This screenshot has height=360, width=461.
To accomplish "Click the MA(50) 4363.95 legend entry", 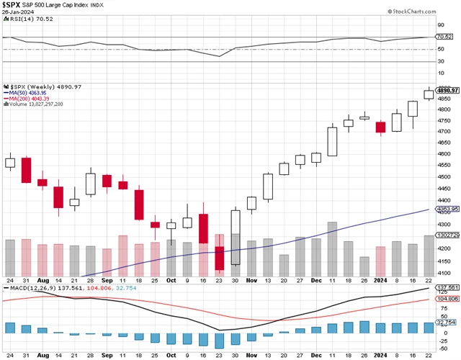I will coord(27,92).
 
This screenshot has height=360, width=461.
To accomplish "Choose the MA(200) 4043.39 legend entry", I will coord(29,98).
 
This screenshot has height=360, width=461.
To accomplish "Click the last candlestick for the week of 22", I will coord(429,94).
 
